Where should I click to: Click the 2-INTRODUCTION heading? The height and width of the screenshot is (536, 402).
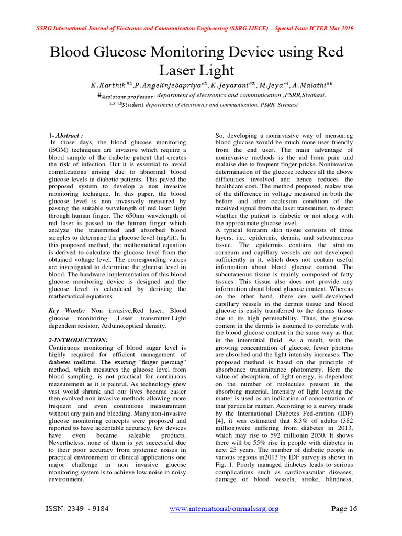click(x=78, y=340)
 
